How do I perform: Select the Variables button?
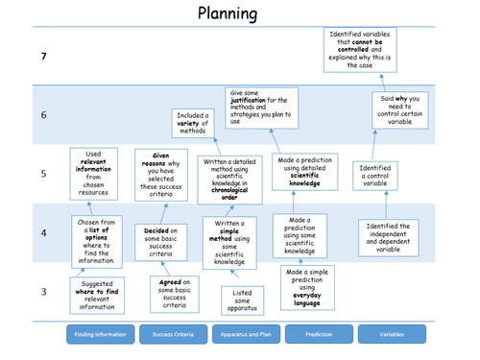(x=392, y=334)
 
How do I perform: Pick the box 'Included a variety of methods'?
(x=193, y=123)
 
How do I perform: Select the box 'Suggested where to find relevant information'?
(x=96, y=295)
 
